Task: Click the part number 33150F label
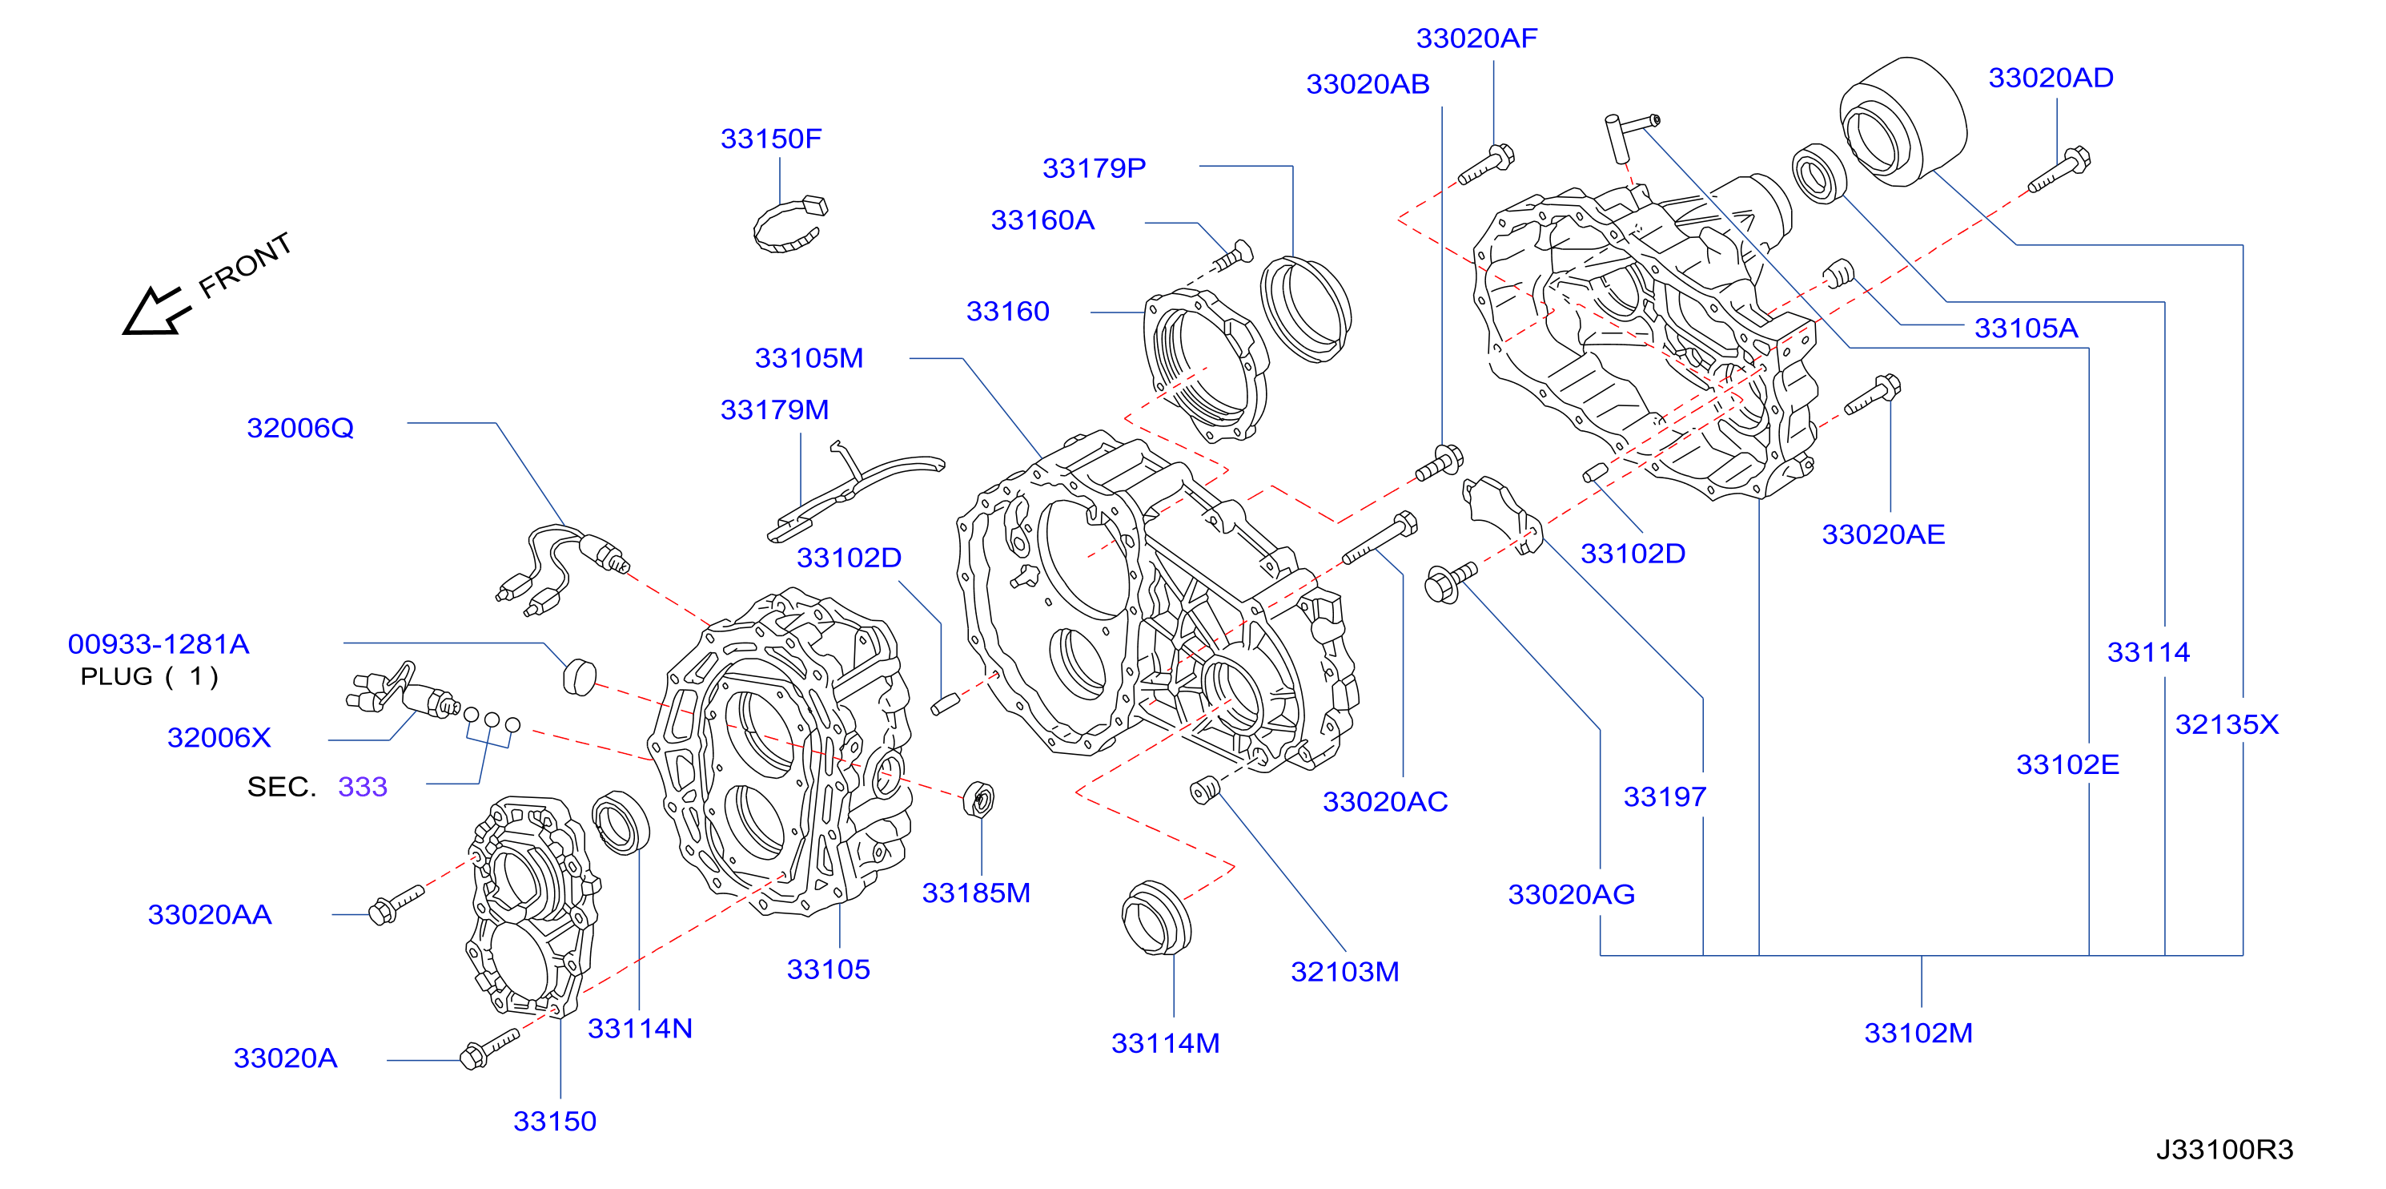770,138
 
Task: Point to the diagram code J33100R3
2224,1149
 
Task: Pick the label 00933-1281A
159,643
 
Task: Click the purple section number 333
362,786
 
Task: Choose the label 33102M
1918,1033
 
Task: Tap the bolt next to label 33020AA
396,904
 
